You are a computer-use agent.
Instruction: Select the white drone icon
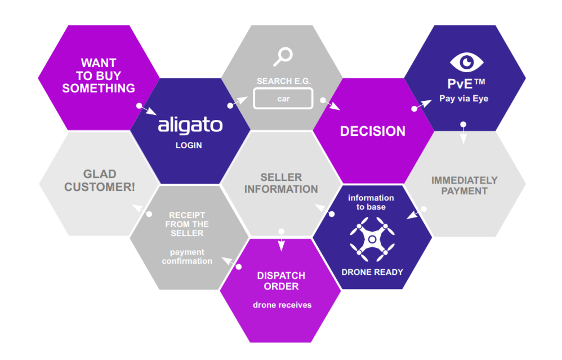click(x=371, y=240)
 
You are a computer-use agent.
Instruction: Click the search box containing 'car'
click(x=283, y=99)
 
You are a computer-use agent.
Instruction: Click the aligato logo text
click(x=190, y=125)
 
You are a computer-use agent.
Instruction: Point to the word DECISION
click(x=372, y=131)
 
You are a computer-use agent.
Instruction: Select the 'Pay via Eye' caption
click(x=463, y=99)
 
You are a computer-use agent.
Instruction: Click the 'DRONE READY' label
click(x=372, y=272)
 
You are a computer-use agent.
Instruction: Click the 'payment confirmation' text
click(x=187, y=256)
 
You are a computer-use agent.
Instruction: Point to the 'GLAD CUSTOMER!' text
click(x=100, y=181)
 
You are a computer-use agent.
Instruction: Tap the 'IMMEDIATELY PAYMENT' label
click(x=464, y=185)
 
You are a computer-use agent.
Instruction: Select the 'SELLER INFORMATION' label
click(x=281, y=183)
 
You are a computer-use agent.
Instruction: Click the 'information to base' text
click(x=371, y=202)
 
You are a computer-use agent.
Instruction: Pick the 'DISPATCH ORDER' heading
click(x=281, y=281)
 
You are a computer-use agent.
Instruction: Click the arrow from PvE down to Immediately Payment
click(x=463, y=132)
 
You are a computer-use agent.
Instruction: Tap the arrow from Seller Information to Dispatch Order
click(x=282, y=239)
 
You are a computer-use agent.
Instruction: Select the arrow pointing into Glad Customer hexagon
click(x=141, y=211)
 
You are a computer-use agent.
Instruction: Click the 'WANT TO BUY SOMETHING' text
click(x=99, y=75)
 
